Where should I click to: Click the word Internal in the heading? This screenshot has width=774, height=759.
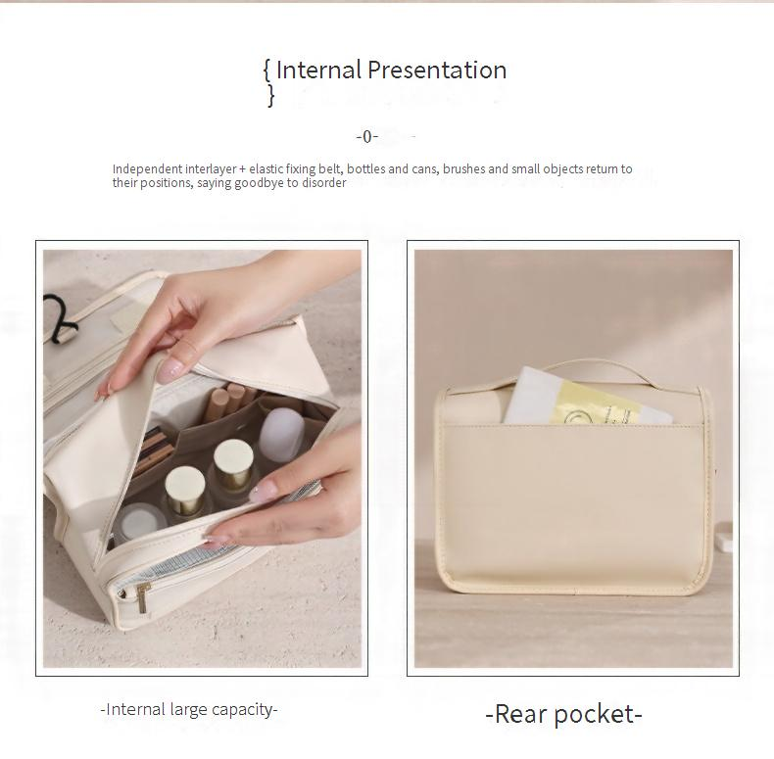(318, 70)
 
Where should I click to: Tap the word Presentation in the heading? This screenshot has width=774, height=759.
(437, 70)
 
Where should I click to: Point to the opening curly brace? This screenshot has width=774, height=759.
(267, 71)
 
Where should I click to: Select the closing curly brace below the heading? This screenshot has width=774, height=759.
(271, 95)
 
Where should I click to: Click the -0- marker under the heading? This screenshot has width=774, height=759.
(366, 136)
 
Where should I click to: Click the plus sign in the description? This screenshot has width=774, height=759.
(242, 169)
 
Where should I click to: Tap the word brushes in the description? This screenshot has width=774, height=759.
(464, 168)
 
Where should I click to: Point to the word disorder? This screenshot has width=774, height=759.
(324, 182)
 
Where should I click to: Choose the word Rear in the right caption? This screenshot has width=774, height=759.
(518, 714)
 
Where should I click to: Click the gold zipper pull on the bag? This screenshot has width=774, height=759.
(143, 597)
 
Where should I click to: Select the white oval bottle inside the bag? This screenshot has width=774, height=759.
(281, 434)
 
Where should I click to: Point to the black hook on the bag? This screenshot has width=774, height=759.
(60, 318)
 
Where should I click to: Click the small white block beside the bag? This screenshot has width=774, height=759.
(724, 538)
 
